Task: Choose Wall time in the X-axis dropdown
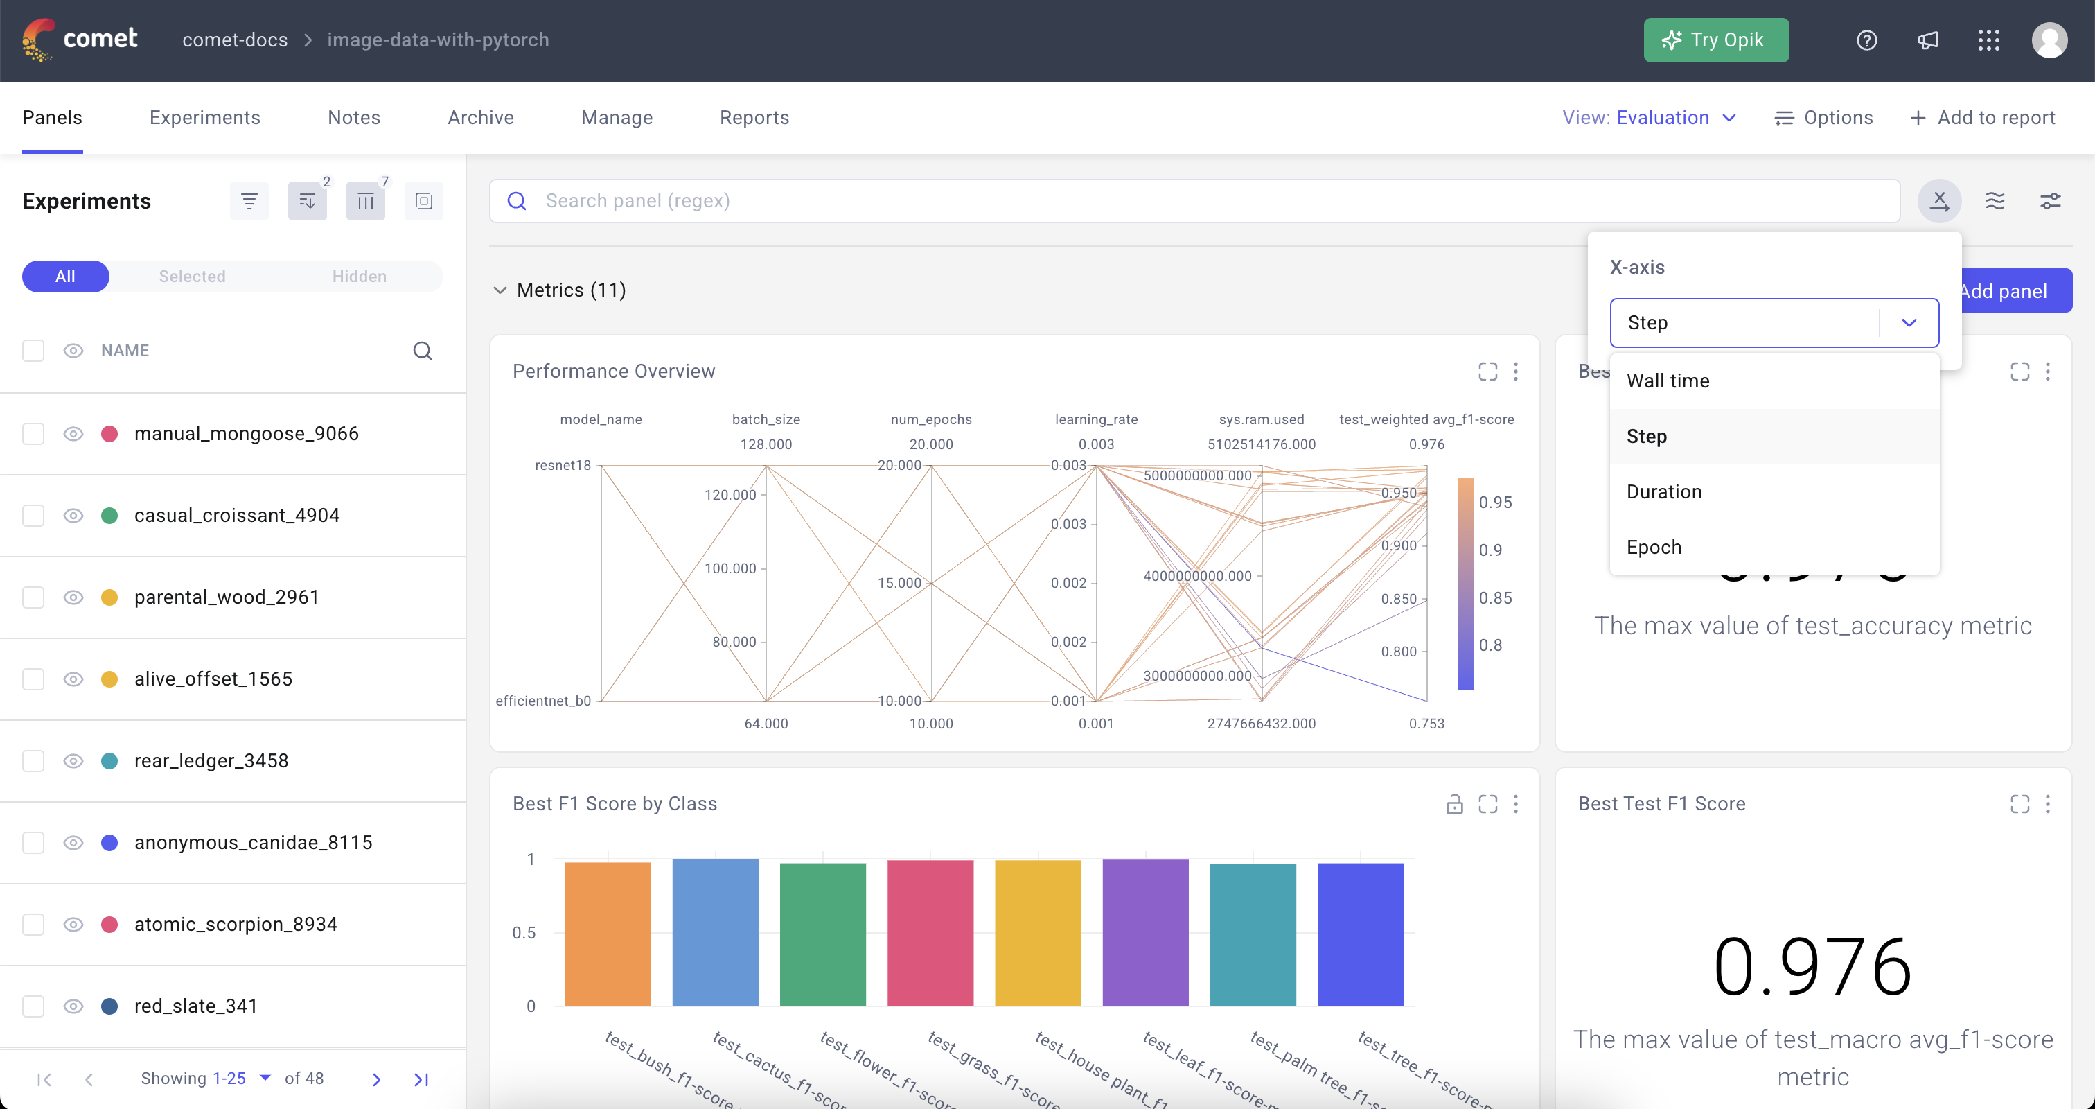click(x=1668, y=381)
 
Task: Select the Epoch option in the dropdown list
click(x=1654, y=547)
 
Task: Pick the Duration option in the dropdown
click(x=1664, y=491)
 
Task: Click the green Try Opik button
click(x=1715, y=40)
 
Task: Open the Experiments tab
click(x=205, y=117)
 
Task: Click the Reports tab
click(x=754, y=117)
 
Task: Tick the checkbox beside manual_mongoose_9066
click(x=33, y=434)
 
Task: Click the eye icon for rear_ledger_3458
click(x=73, y=761)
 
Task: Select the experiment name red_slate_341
click(x=195, y=1006)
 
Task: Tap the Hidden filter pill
click(x=359, y=276)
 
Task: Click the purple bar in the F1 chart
click(x=1144, y=932)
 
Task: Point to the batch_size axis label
click(x=766, y=419)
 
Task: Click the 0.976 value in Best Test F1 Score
click(x=1812, y=967)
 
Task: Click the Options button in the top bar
click(x=1823, y=117)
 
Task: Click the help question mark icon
click(x=1866, y=40)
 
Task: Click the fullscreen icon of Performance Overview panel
click(x=1487, y=372)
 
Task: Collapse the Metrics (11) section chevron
click(x=500, y=290)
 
